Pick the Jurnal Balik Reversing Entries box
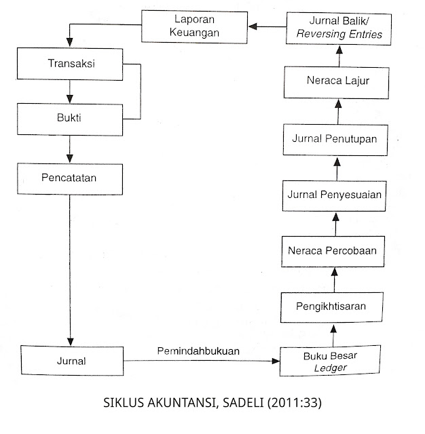[x=336, y=28]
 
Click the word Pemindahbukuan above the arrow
[x=199, y=351]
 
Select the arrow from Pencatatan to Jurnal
[x=69, y=271]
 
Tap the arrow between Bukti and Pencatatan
[x=69, y=148]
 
